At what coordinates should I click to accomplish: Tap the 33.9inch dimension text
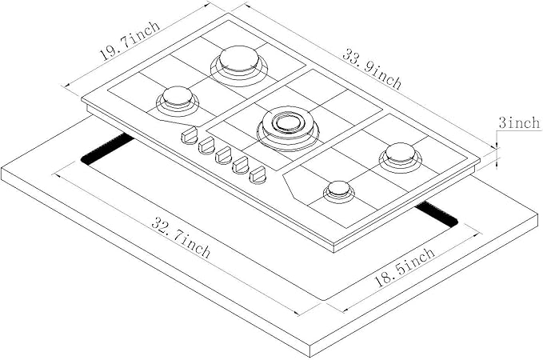point(372,70)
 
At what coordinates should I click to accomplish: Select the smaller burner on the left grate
point(178,100)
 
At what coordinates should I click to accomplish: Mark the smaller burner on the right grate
point(338,190)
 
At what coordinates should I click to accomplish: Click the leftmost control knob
point(190,136)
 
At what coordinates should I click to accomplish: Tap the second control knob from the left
point(206,145)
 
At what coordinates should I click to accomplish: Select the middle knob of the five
point(224,154)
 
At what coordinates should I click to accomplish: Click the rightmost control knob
point(258,174)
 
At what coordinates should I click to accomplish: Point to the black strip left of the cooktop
point(108,150)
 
